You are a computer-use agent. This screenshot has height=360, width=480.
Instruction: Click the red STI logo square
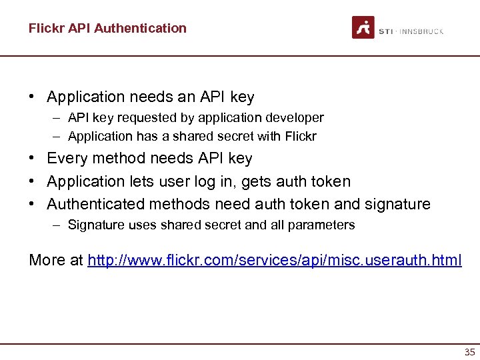coord(363,27)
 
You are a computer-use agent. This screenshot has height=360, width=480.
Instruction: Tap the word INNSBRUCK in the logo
coord(420,31)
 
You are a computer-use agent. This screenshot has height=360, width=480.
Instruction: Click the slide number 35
coord(469,352)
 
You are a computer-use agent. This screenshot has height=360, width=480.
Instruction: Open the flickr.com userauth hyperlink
coord(274,260)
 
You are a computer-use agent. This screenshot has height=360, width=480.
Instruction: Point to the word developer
coord(297,118)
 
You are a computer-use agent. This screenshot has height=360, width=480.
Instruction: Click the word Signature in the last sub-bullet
coord(94,225)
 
